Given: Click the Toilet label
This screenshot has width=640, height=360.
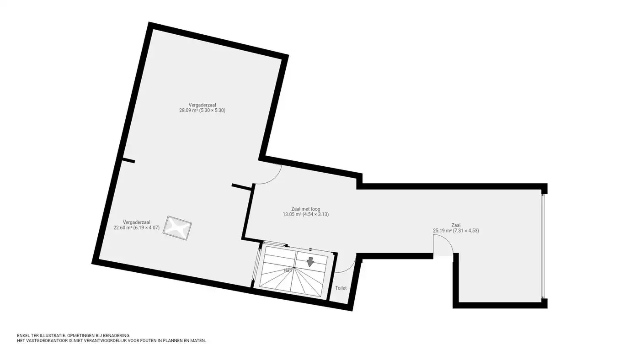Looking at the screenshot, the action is pos(341,288).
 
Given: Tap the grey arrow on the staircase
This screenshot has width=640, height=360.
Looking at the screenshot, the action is pos(310,262).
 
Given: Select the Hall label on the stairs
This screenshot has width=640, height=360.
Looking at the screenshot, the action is pos(288,270).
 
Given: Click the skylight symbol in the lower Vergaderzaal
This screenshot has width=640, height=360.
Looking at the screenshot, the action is pos(177,228).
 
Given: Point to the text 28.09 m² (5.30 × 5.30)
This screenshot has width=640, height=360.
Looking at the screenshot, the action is pos(202,110).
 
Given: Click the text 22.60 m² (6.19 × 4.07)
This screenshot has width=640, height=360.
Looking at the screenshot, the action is pos(137,228).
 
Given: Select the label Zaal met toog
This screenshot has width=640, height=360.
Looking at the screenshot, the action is pos(306,209).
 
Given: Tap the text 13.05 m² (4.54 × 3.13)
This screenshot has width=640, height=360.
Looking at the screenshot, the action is pos(306,214).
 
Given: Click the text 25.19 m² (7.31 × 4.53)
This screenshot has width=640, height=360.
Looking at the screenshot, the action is pos(456,230).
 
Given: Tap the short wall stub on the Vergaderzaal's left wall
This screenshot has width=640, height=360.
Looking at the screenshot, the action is pos(128,161).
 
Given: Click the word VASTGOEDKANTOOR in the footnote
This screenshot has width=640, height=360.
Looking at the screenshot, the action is pos(44,341).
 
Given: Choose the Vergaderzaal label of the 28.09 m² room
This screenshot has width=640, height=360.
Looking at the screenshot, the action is pos(202,105).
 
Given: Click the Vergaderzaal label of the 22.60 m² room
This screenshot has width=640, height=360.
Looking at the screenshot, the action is pos(137,222).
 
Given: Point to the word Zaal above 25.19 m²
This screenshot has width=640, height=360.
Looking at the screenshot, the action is pos(456,225).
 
